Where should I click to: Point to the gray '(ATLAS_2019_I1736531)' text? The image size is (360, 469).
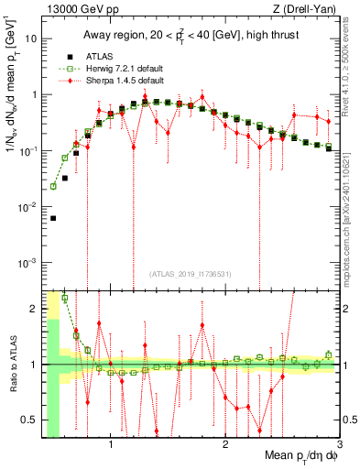coord(190,274)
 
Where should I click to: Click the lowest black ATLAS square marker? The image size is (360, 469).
coord(53,218)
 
